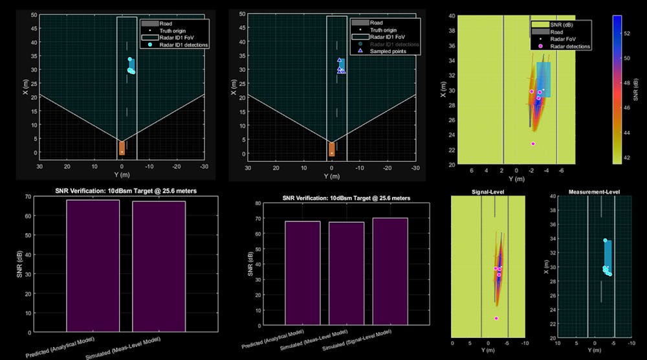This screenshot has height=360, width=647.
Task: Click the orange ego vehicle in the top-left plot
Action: click(x=122, y=148)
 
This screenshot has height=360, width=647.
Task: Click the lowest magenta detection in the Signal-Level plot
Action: click(x=496, y=318)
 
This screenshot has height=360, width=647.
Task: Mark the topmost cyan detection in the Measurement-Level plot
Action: click(x=605, y=240)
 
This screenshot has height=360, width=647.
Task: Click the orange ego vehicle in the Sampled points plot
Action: click(x=332, y=150)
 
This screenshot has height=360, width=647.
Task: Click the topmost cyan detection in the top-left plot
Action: click(x=130, y=59)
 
